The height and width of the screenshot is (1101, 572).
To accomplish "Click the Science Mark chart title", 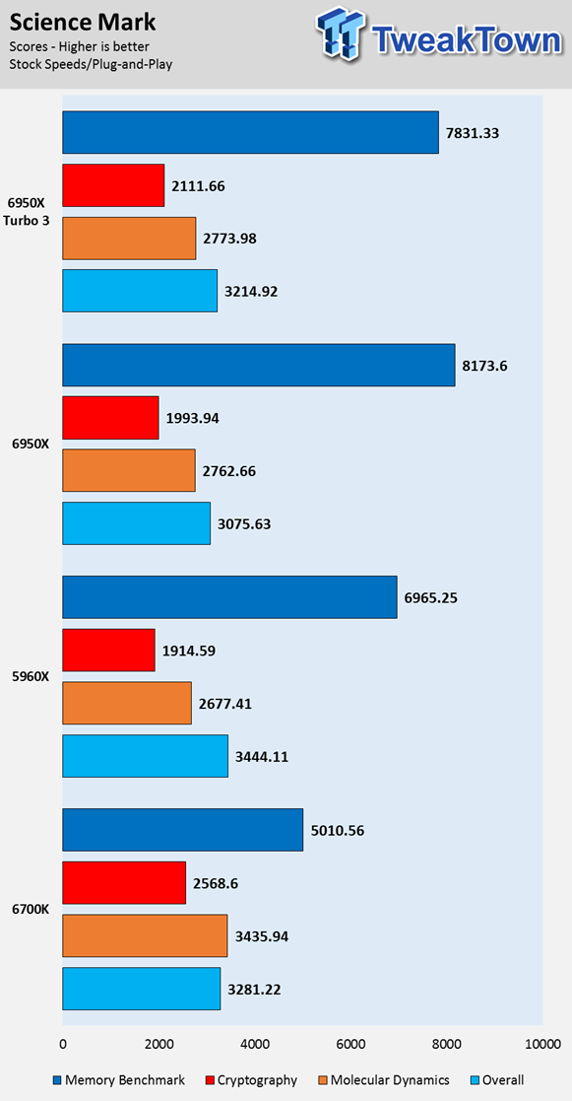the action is (83, 23).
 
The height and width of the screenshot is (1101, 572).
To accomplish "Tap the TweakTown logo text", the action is (466, 41).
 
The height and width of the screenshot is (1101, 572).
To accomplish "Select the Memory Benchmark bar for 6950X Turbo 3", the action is (250, 132).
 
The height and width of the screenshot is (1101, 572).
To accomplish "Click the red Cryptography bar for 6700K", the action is (124, 882).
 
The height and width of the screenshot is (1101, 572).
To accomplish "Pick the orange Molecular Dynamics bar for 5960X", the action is (127, 703).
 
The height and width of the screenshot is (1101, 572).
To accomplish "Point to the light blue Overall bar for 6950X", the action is (137, 523).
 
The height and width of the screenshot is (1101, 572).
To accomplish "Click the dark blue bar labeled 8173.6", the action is (259, 365).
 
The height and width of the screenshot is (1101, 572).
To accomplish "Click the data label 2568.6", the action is (216, 882).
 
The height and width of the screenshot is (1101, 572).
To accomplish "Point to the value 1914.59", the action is (188, 651).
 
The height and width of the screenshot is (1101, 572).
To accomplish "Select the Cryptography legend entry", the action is (251, 1080).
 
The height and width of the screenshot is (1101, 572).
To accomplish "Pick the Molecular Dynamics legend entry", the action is (384, 1080).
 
